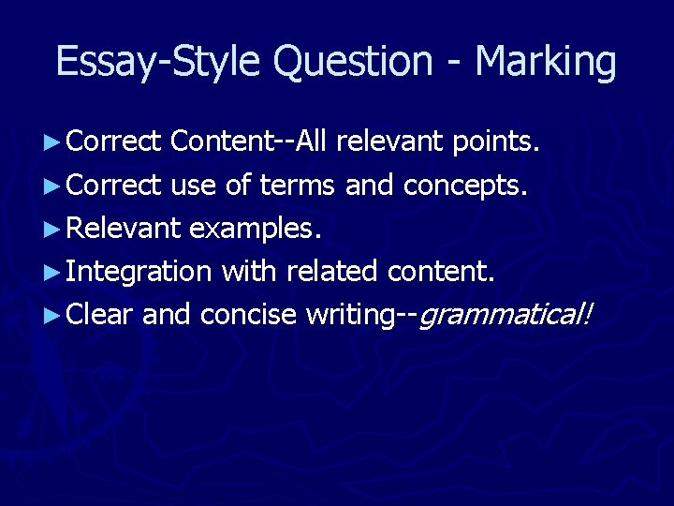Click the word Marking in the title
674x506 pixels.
(x=546, y=62)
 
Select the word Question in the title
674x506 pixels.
(x=353, y=62)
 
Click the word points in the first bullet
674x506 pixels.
(x=495, y=142)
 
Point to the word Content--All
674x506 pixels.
(x=249, y=142)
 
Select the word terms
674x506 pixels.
(x=297, y=186)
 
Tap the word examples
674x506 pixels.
(x=255, y=229)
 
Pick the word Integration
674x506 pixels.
(x=139, y=272)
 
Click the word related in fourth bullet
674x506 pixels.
(x=331, y=272)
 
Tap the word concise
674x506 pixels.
(x=249, y=315)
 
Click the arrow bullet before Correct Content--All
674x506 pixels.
(x=52, y=143)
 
